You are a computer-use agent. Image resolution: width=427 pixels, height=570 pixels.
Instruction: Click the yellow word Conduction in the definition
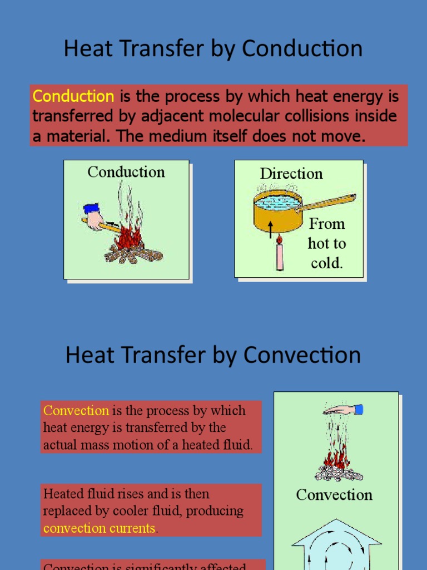(73, 96)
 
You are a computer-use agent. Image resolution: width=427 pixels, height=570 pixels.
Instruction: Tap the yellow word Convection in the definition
(76, 411)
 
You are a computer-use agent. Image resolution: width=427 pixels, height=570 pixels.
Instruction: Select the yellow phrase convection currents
(99, 528)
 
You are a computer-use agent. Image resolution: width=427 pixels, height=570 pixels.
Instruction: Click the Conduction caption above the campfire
(126, 172)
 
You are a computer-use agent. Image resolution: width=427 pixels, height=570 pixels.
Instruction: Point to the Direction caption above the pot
(291, 174)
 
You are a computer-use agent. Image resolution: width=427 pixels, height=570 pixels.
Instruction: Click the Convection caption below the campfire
(334, 495)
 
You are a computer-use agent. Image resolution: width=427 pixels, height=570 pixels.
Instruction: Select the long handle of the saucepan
(328, 202)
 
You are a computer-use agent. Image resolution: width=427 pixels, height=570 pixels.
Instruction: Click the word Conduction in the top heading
(302, 49)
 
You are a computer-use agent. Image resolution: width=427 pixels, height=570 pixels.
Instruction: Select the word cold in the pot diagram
(326, 263)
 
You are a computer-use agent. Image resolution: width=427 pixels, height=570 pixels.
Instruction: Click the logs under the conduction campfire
(133, 255)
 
